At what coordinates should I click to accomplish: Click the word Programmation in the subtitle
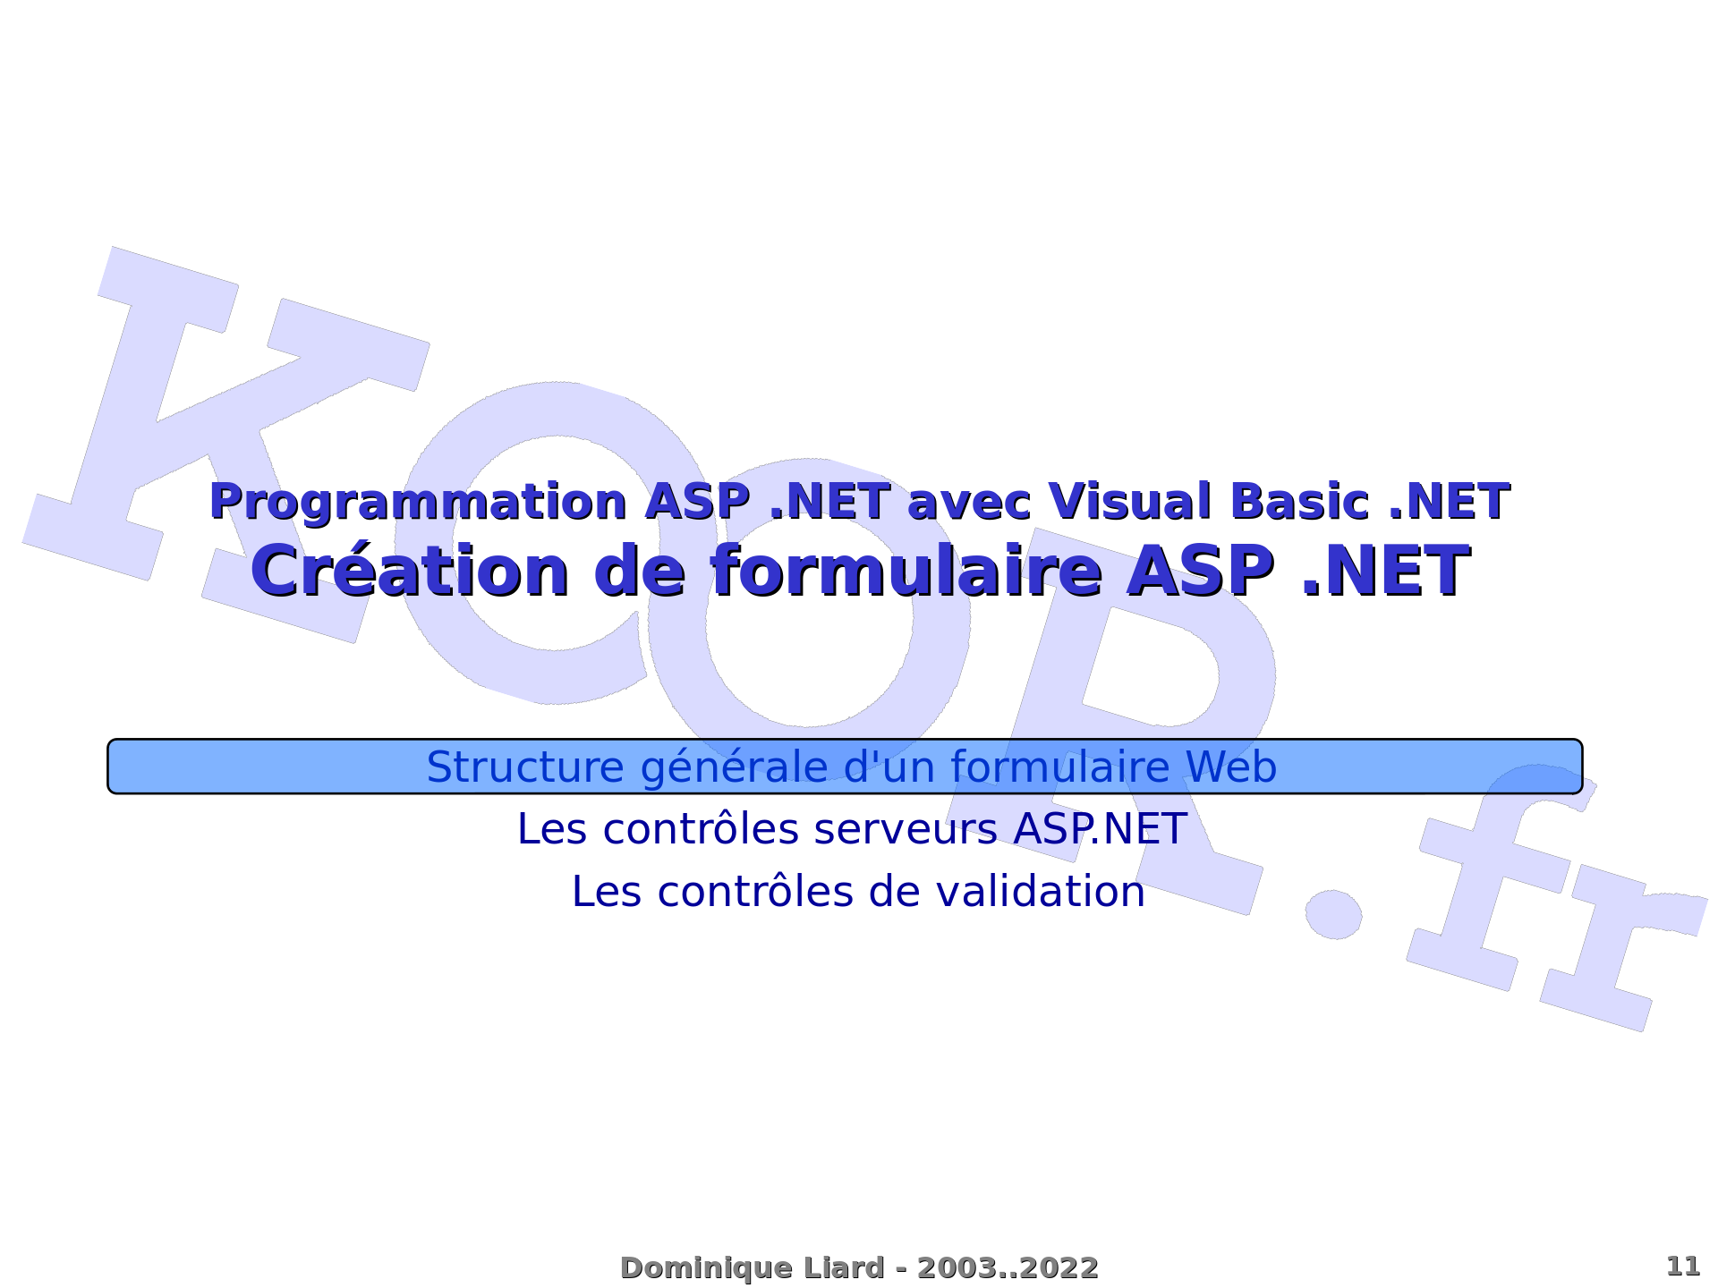click(x=418, y=503)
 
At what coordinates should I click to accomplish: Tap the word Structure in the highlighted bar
click(x=525, y=767)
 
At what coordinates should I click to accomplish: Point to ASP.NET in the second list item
click(x=1101, y=828)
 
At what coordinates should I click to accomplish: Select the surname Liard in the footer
click(x=847, y=1267)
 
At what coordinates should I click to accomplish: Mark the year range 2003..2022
click(x=1008, y=1267)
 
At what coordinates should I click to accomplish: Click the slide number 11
click(x=1683, y=1267)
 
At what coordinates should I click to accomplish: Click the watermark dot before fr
click(x=1333, y=914)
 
